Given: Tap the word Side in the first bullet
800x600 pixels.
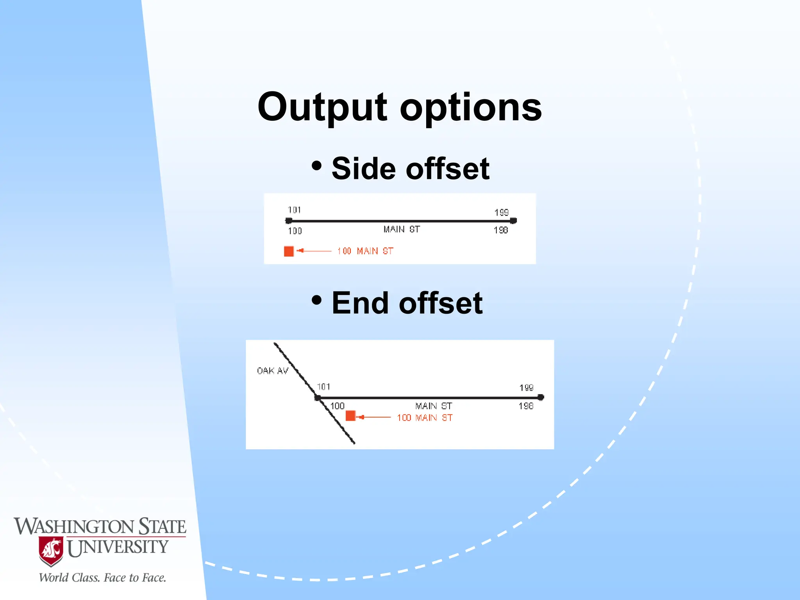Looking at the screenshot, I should pyautogui.click(x=363, y=169).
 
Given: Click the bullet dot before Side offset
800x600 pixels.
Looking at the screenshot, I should pyautogui.click(x=317, y=166).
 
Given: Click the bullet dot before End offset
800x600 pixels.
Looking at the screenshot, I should pyautogui.click(x=317, y=300).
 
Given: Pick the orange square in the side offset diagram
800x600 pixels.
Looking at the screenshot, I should pyautogui.click(x=289, y=251).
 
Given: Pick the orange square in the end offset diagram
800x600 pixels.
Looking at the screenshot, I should pyautogui.click(x=350, y=416).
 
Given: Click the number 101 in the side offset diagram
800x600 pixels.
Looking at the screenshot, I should pyautogui.click(x=295, y=210).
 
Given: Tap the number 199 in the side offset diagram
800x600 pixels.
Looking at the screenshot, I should pyautogui.click(x=502, y=212).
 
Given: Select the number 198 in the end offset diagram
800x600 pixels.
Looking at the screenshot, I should pyautogui.click(x=526, y=406).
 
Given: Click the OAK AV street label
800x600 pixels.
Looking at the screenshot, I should pyautogui.click(x=272, y=371).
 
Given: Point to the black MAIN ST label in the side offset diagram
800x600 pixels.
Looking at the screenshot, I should pyautogui.click(x=402, y=229).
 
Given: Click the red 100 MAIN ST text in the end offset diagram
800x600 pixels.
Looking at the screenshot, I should pyautogui.click(x=425, y=418).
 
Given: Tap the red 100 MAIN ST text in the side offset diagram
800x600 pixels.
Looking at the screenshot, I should pyautogui.click(x=365, y=251).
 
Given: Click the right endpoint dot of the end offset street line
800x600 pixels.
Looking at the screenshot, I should pyautogui.click(x=541, y=397).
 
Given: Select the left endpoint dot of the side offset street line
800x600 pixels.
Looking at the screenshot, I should pyautogui.click(x=289, y=221).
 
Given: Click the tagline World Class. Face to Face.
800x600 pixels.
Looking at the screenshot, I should pyautogui.click(x=102, y=578).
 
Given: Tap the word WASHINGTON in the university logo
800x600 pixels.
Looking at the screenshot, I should pyautogui.click(x=74, y=527).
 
